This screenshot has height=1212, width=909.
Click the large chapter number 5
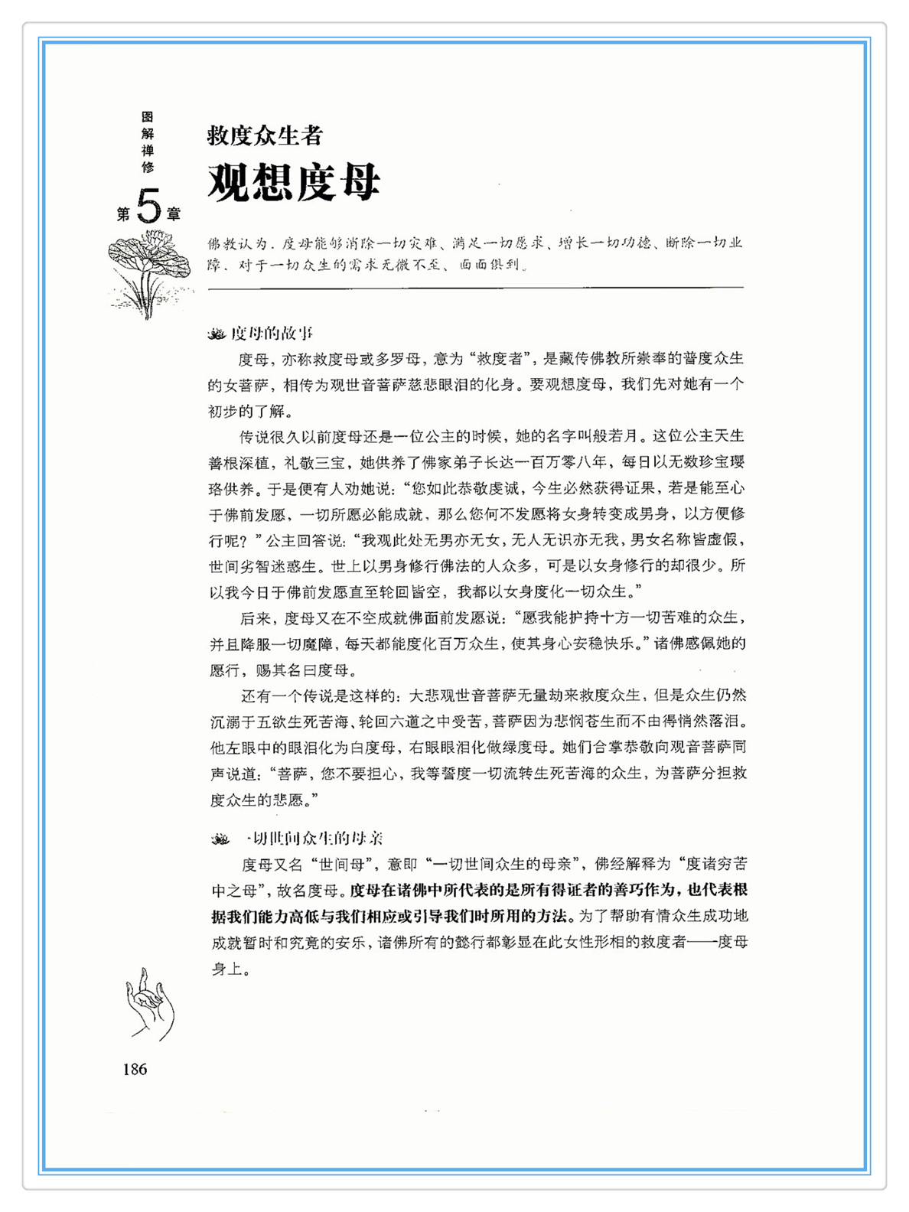click(x=149, y=205)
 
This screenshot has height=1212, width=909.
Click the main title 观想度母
click(x=294, y=182)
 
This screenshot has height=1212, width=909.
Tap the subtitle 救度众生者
click(x=265, y=136)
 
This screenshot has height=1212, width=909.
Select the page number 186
click(x=135, y=1069)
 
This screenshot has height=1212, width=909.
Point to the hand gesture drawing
click(x=150, y=1003)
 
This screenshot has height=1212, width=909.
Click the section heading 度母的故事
click(x=272, y=333)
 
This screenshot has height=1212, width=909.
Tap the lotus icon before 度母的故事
click(x=217, y=334)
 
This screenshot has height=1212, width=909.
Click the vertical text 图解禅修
click(x=148, y=142)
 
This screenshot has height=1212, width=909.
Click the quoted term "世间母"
click(x=341, y=865)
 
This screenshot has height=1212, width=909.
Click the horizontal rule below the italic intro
click(x=475, y=288)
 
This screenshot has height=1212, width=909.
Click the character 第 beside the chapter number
click(x=123, y=214)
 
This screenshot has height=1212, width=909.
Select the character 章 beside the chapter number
click(x=174, y=214)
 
